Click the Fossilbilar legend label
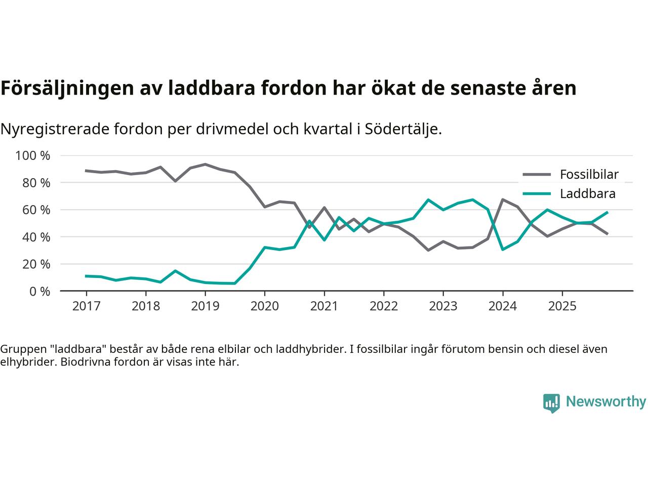589,175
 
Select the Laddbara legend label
587,194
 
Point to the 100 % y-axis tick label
33,155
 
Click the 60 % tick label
35,210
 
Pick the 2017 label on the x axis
86,306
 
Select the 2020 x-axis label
265,306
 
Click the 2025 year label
562,306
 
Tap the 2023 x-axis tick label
443,306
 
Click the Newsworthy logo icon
551,403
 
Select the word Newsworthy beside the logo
605,402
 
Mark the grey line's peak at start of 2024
502,199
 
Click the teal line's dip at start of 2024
502,250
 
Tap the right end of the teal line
607,212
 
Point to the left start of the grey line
86,171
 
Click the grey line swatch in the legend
537,175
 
